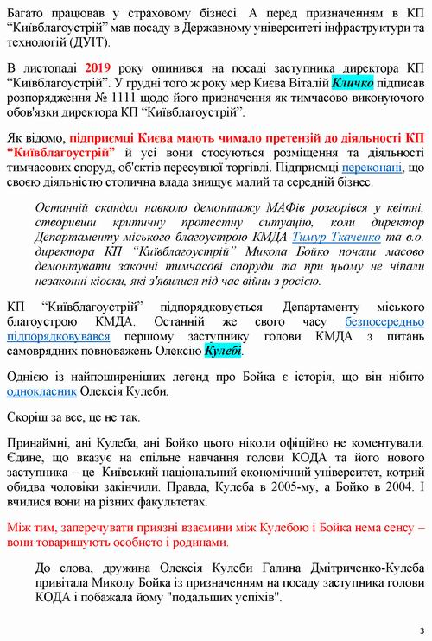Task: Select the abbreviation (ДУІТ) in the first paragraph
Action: point(95,43)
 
